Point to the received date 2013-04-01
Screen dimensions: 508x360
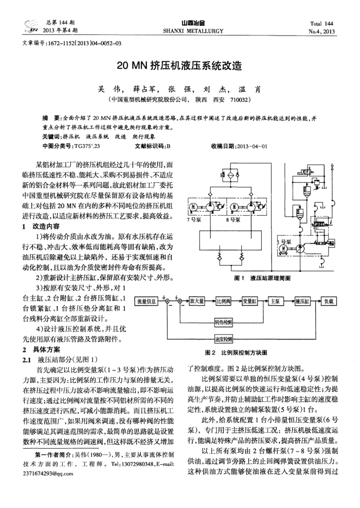click(251, 146)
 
